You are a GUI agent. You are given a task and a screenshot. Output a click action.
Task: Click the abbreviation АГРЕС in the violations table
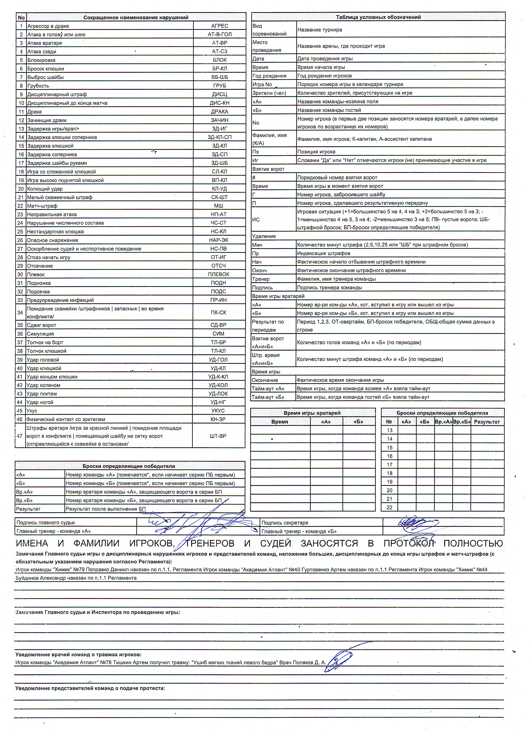220,26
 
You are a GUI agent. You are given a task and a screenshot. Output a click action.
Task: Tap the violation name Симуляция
40,334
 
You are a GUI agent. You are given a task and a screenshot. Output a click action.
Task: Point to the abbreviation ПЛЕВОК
218,274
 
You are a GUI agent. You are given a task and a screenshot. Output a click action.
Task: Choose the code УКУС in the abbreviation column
218,410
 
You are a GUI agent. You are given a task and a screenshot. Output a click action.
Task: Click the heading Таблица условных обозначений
378,17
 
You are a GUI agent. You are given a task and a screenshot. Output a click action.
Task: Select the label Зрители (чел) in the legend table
269,93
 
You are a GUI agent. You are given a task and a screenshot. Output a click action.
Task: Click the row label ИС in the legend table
256,219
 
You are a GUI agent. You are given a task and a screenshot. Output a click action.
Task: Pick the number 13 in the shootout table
389,430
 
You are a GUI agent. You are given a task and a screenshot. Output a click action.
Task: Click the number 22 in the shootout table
389,507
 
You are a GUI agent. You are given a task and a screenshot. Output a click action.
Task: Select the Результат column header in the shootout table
487,422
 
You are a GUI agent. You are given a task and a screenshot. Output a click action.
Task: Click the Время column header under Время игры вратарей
280,422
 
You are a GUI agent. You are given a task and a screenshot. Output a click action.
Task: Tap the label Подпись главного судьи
46,523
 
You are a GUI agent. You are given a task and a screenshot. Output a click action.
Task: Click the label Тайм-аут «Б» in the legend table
268,397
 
